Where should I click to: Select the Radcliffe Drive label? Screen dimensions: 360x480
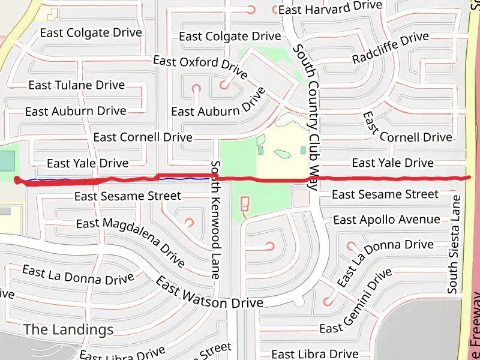(x=391, y=48)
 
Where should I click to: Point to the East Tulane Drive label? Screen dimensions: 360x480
(x=77, y=85)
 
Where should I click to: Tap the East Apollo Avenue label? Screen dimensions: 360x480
(x=386, y=220)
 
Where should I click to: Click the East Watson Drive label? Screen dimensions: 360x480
(x=209, y=293)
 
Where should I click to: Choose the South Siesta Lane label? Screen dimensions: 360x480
(x=454, y=244)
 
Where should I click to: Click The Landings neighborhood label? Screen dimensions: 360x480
(x=68, y=329)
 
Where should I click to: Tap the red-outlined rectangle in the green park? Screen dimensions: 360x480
(x=244, y=204)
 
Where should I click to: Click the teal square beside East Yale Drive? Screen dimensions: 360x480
(x=6, y=161)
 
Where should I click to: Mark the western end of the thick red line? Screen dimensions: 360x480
(x=16, y=179)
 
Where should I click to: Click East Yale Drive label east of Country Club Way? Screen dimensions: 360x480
(x=392, y=163)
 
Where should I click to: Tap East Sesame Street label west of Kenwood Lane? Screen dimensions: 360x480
(x=127, y=196)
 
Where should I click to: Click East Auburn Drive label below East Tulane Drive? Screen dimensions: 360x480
(x=76, y=111)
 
